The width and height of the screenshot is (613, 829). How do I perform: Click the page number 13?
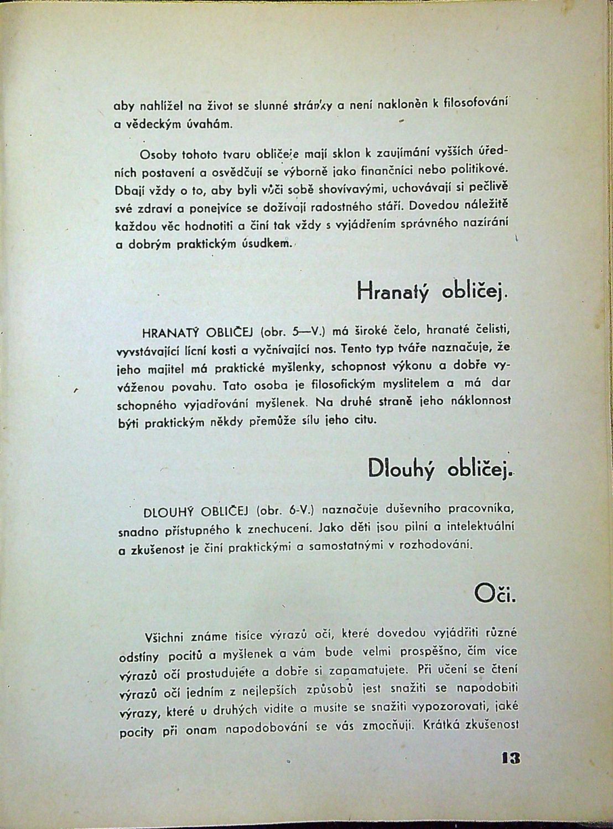[x=511, y=758]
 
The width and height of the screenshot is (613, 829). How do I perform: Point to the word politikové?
[x=479, y=167]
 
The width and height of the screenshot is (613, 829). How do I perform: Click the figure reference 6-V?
[x=300, y=509]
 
